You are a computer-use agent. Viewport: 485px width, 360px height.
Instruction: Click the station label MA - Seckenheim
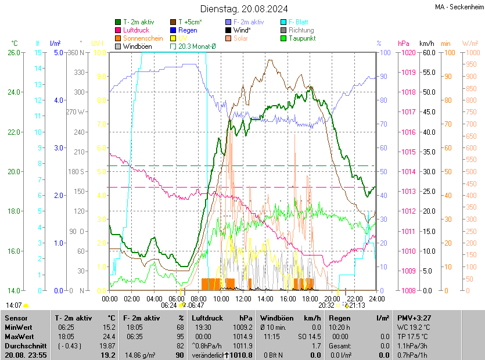tap(458, 7)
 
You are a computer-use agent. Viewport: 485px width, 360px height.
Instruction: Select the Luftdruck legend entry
tap(136, 30)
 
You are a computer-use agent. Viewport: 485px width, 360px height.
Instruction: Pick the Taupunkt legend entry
tap(301, 38)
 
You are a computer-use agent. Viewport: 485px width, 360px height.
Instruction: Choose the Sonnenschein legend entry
tap(143, 38)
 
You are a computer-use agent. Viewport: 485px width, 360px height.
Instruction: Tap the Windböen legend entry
tap(137, 46)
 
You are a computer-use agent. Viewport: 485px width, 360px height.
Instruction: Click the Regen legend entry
tap(188, 30)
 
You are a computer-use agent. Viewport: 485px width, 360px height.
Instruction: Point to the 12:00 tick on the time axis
tap(243, 298)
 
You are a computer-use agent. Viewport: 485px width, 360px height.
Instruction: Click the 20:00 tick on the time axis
tap(332, 298)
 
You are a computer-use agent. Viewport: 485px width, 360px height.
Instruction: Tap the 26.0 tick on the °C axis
tap(14, 53)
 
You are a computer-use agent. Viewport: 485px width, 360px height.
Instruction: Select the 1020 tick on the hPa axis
tap(407, 53)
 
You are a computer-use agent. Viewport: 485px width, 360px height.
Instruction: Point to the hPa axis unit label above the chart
tap(404, 44)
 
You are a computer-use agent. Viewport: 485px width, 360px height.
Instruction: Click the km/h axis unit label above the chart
tap(427, 44)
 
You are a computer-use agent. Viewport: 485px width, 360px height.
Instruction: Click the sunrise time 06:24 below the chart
tap(168, 305)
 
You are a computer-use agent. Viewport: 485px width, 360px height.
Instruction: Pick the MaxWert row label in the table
tap(20, 336)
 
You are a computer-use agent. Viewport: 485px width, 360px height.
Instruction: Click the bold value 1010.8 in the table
tap(242, 355)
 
